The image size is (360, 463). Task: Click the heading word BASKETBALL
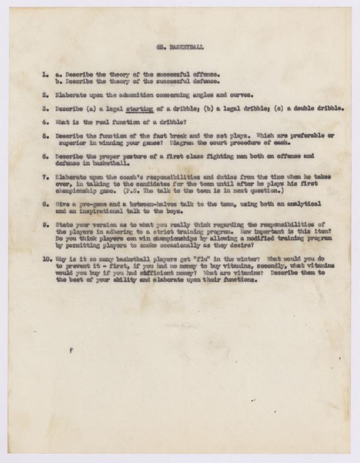[187, 46]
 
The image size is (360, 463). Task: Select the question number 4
[45, 123]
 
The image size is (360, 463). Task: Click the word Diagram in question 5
[185, 143]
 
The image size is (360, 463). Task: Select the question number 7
[45, 178]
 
